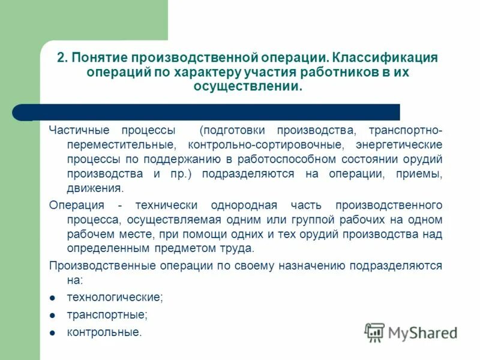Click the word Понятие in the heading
click(100, 58)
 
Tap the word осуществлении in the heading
click(246, 87)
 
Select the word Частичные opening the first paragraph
click(73, 130)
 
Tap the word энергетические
click(398, 145)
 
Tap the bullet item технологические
click(115, 297)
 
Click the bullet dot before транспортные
click(53, 314)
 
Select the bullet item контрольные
click(104, 332)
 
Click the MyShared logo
click(412, 332)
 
